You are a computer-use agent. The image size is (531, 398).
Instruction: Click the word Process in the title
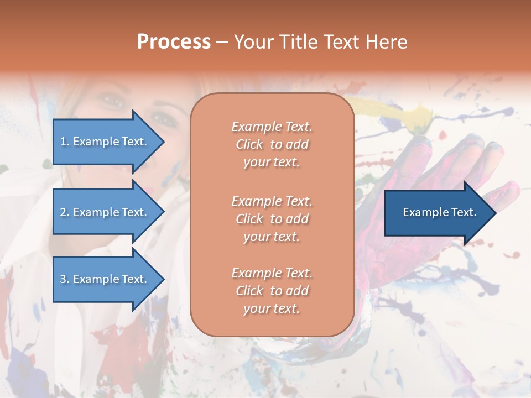pos(174,42)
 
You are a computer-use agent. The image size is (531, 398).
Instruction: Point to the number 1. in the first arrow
pos(65,142)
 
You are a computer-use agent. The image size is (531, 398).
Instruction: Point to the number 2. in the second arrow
pos(65,212)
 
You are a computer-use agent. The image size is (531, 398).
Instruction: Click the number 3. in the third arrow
pos(65,279)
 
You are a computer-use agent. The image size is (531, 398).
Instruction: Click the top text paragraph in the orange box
pos(272,144)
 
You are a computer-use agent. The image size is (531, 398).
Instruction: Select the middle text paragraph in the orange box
pos(272,219)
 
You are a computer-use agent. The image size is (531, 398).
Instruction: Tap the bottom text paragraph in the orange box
pos(272,291)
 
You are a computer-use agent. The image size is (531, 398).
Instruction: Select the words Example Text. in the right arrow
pos(440,212)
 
